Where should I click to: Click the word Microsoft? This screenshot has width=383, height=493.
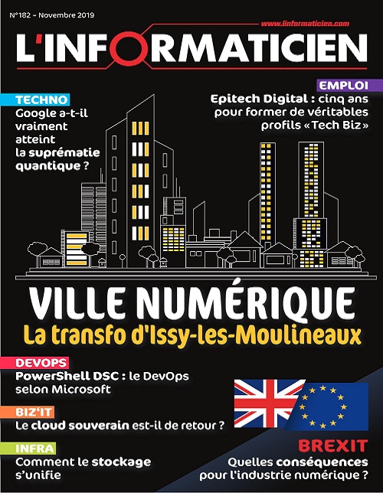[83, 389]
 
